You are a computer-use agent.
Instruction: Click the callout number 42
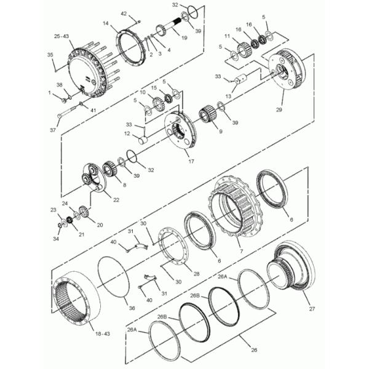click(x=124, y=14)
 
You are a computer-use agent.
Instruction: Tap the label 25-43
click(x=61, y=36)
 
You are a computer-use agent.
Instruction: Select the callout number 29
click(x=279, y=109)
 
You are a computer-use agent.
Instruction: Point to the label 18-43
click(x=103, y=333)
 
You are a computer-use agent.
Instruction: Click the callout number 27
click(x=312, y=309)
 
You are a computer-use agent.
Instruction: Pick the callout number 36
click(x=132, y=308)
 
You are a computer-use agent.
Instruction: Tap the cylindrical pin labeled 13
click(x=240, y=79)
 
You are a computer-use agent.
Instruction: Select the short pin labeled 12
click(x=143, y=140)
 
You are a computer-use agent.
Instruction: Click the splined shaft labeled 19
click(x=175, y=24)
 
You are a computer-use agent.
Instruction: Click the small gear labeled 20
click(x=83, y=210)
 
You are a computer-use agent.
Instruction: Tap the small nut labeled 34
click(x=60, y=226)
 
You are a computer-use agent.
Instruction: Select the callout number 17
click(x=191, y=161)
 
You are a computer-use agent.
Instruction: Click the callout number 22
click(x=116, y=200)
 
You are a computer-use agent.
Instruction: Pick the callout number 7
click(x=241, y=252)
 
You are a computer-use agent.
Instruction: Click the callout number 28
click(x=197, y=274)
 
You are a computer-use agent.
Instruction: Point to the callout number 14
click(x=106, y=23)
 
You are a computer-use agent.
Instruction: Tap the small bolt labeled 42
click(x=138, y=22)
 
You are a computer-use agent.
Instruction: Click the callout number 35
click(x=50, y=55)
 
